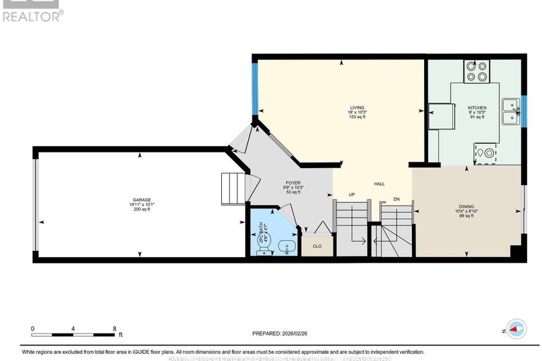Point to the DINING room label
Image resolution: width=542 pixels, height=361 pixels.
[x=466, y=206]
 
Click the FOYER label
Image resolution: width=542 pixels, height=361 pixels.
[x=293, y=183]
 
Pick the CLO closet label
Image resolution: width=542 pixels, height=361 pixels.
[x=317, y=246]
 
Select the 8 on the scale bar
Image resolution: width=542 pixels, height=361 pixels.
[x=114, y=329]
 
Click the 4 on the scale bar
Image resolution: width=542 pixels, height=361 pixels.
[x=73, y=329]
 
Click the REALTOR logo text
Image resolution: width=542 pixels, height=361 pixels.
[x=33, y=14]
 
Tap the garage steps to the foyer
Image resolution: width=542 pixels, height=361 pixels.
[x=233, y=188]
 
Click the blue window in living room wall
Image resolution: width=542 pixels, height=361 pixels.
[x=255, y=88]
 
